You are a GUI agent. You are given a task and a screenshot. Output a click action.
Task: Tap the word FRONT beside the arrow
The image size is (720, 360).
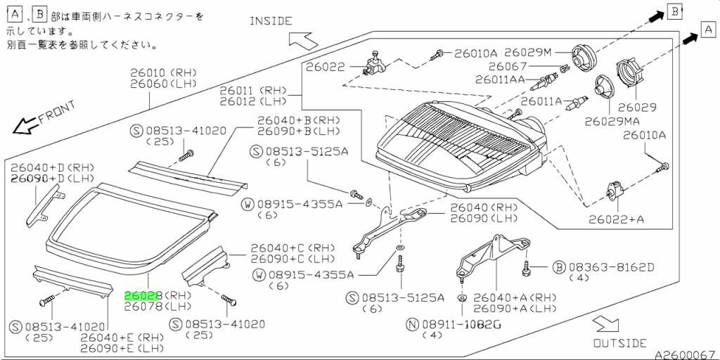click(56, 112)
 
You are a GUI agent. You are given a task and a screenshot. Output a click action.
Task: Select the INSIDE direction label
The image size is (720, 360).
click(271, 21)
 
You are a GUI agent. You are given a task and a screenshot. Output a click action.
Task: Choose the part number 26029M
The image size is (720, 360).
click(528, 53)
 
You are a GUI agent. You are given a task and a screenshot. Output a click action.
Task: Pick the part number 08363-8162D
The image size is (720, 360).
click(611, 267)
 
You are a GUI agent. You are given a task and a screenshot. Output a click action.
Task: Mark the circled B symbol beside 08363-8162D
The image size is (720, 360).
click(560, 267)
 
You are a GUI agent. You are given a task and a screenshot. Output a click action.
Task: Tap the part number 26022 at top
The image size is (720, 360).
click(325, 67)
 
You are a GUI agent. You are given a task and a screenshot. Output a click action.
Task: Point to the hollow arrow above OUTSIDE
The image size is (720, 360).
click(604, 324)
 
